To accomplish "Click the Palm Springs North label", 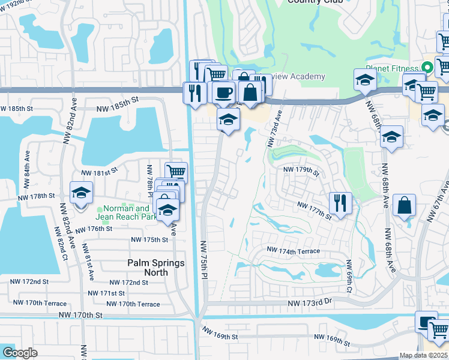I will [x=147, y=267].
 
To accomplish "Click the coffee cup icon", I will [x=223, y=93].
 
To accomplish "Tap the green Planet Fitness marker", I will [x=428, y=68].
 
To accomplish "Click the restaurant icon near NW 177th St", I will [x=340, y=203].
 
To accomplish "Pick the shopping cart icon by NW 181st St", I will [x=176, y=173].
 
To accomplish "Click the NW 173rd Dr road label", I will [x=309, y=305].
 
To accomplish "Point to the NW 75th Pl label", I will [x=205, y=257].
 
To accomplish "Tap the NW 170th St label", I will [x=81, y=314].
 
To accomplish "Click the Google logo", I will [x=20, y=353].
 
